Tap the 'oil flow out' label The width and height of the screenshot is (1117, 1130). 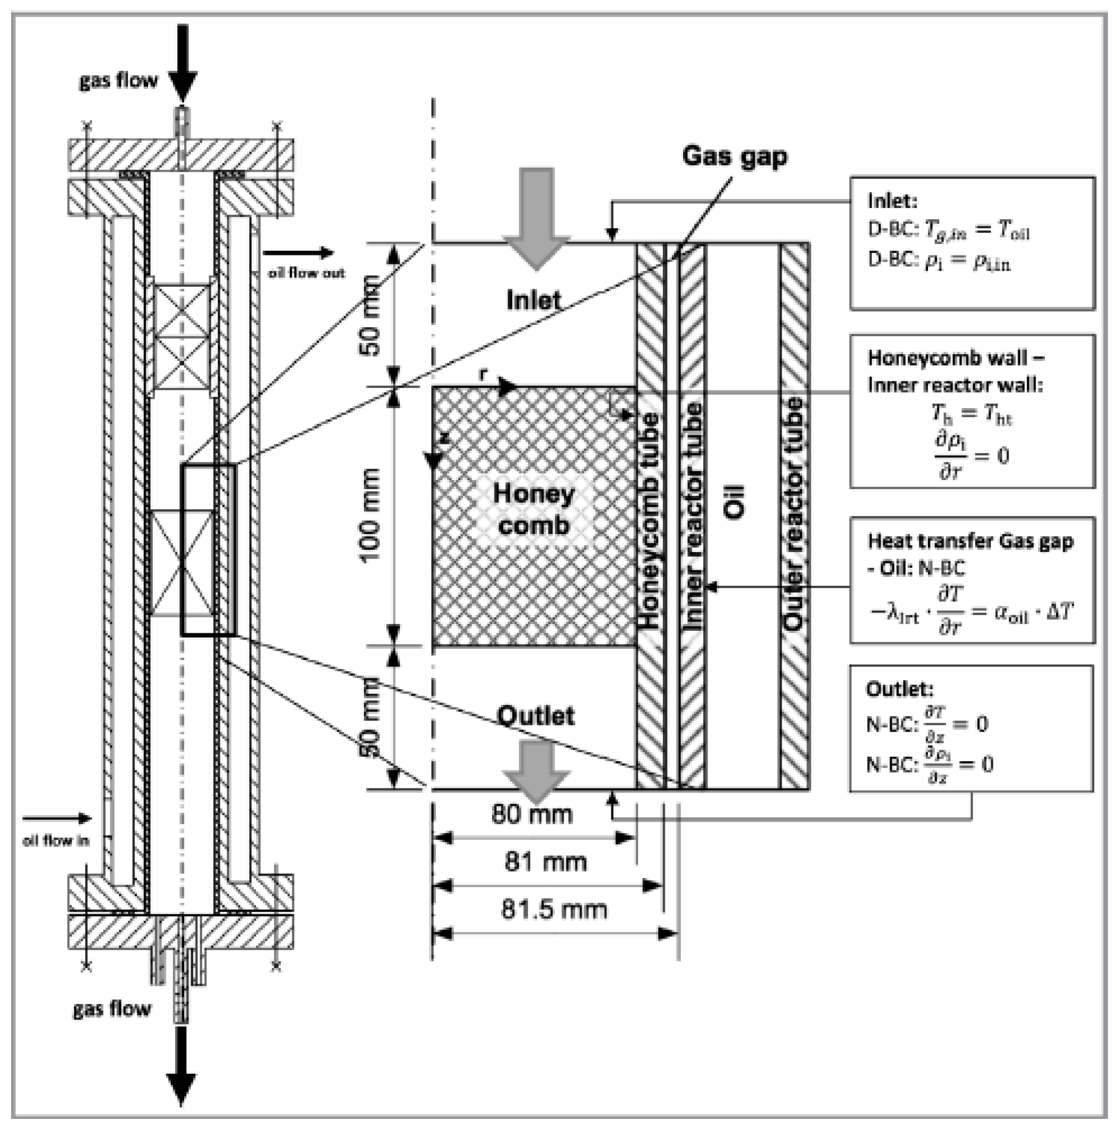tap(306, 273)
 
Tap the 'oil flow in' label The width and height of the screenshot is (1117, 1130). tap(56, 840)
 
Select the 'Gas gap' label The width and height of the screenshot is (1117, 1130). tap(734, 156)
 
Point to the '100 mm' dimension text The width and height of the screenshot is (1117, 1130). tap(370, 515)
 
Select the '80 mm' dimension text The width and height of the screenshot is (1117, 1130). tap(531, 814)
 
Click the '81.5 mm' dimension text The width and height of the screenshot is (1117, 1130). tap(553, 909)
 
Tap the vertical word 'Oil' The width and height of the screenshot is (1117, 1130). tap(735, 501)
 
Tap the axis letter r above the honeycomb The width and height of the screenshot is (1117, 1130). tap(483, 374)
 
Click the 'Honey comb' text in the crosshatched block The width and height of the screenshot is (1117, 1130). tap(533, 509)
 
